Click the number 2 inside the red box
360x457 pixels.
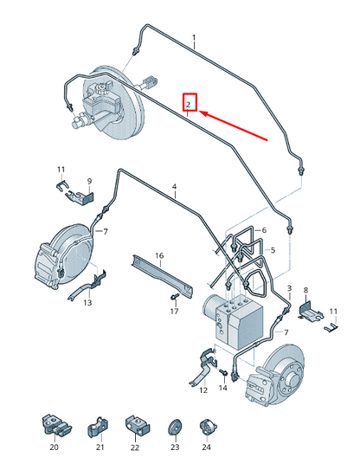coord(189,104)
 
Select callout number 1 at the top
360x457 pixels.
coord(194,39)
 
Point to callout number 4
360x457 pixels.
coord(174,187)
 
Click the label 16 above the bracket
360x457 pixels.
coord(159,255)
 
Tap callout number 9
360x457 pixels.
coord(88,181)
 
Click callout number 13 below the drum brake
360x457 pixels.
coord(87,303)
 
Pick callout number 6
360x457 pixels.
coord(264,230)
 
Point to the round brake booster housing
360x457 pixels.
coord(121,95)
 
